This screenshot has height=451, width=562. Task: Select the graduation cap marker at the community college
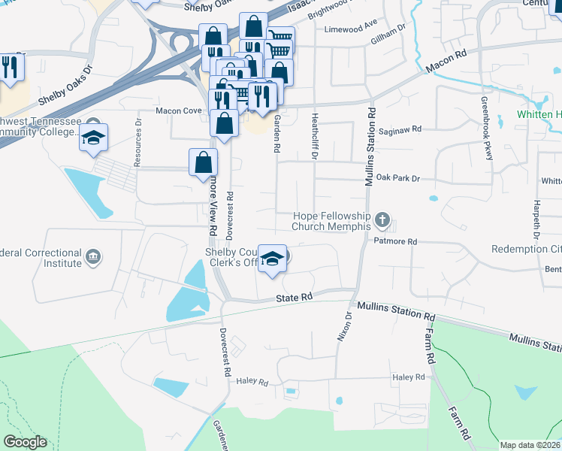(94, 138)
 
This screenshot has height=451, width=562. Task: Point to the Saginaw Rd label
(403, 129)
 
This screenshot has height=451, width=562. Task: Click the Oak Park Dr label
(398, 178)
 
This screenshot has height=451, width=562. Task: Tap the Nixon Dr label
(343, 328)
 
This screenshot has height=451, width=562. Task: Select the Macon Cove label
(179, 110)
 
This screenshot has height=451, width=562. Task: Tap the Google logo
(25, 441)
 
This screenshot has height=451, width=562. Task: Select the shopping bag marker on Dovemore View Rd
(204, 162)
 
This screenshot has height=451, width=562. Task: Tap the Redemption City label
(527, 249)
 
